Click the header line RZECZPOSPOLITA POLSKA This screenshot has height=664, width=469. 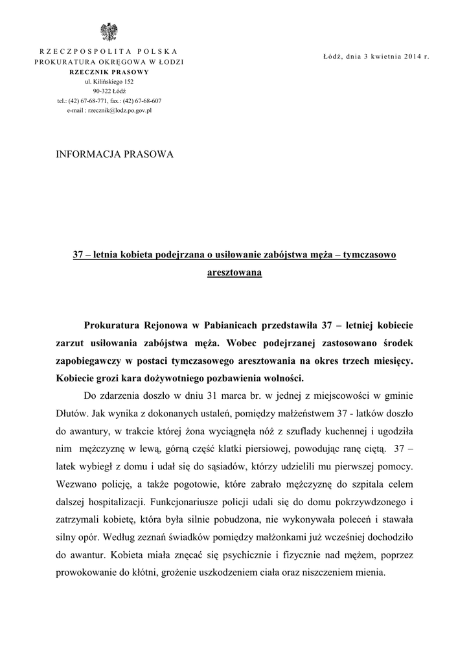coord(109,51)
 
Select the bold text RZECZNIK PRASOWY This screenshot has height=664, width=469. coord(109,71)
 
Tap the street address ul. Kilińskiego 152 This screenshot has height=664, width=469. coord(109,82)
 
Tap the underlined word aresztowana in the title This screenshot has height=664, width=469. coord(234,273)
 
